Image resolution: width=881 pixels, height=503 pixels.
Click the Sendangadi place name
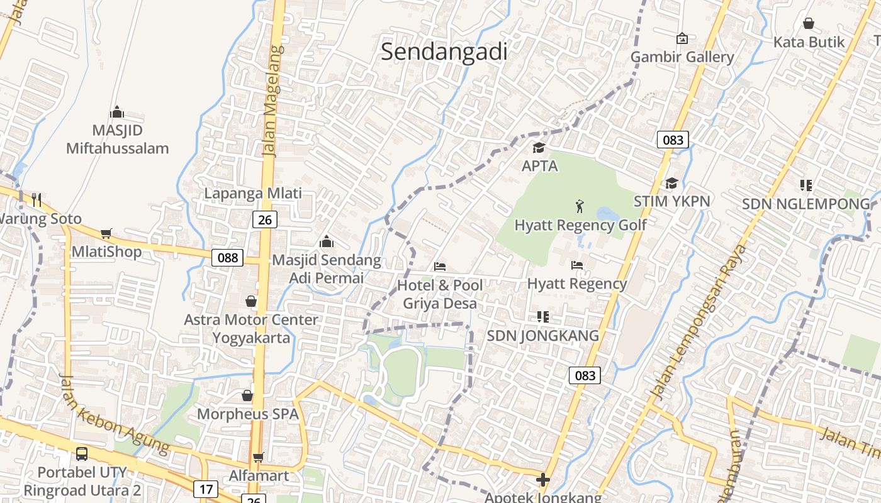coord(444,52)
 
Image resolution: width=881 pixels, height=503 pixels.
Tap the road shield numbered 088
coord(227,257)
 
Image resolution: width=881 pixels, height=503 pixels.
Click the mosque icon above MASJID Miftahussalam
coord(117,113)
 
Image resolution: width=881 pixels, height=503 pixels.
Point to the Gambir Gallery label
coord(682,57)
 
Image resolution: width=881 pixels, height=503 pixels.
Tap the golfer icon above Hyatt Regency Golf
coord(580,206)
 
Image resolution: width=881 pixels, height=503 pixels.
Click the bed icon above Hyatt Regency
coord(577,265)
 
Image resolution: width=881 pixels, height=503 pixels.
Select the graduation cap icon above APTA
coord(539,148)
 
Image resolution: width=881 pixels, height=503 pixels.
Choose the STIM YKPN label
coord(671,201)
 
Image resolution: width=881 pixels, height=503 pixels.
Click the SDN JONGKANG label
coord(543,336)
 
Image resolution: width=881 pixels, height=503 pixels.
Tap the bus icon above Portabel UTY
coord(82,453)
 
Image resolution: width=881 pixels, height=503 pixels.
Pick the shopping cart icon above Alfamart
coord(258,457)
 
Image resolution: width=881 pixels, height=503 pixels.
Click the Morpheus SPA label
coord(248,414)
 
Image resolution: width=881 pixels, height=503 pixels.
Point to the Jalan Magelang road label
coord(271,101)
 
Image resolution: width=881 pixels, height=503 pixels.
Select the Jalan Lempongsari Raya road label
coord(699,321)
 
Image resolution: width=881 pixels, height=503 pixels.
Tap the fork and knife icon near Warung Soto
coord(36,200)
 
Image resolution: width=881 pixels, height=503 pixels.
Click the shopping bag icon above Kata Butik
coord(809,24)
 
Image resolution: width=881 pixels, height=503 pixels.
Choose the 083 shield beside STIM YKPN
coord(673,140)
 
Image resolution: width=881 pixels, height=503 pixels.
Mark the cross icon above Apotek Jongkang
coord(542,480)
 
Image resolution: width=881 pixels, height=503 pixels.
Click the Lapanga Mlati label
coord(253,193)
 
